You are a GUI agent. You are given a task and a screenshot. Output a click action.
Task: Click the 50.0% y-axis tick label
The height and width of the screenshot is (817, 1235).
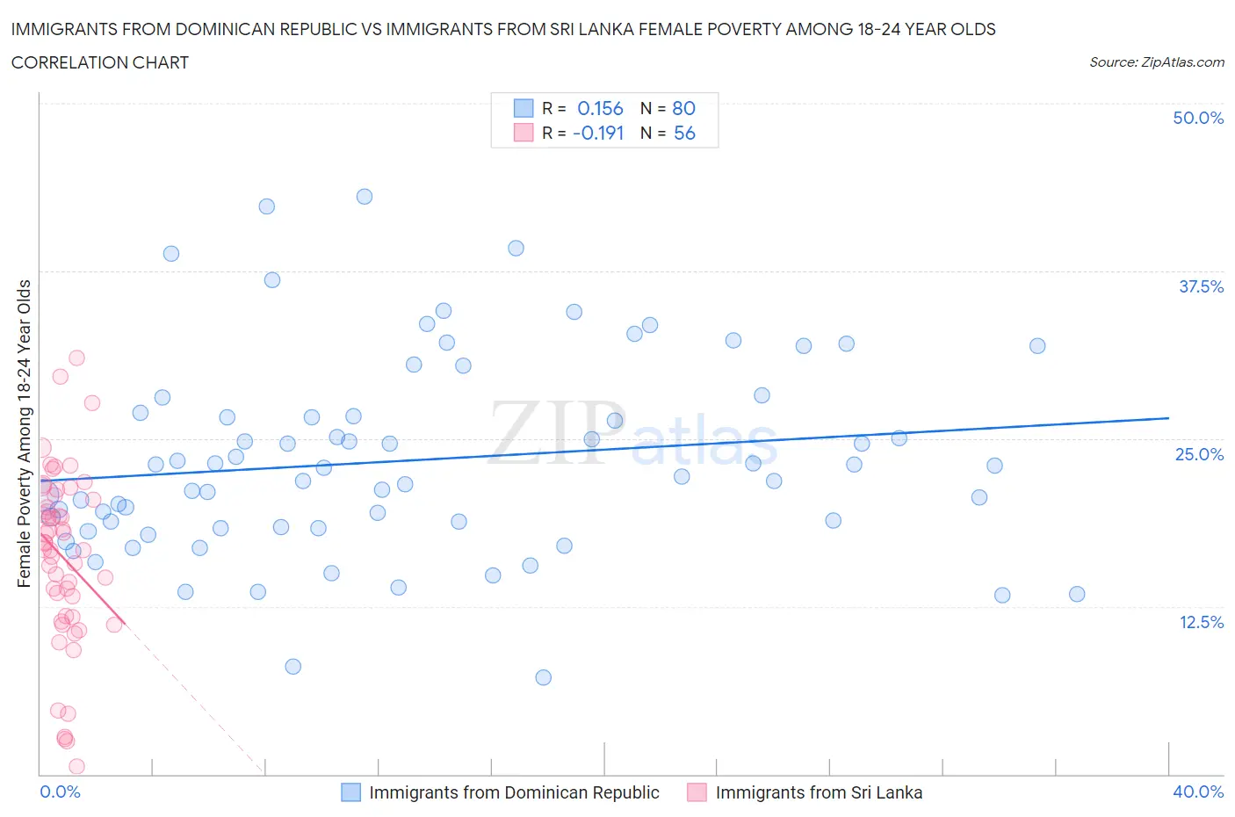1197,118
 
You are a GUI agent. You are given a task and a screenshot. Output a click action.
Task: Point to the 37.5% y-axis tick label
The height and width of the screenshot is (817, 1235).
1200,286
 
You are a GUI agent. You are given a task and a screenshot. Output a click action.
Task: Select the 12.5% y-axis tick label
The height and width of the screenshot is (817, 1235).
1200,622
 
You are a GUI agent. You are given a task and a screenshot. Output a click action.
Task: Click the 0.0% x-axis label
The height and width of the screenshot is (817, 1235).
60,792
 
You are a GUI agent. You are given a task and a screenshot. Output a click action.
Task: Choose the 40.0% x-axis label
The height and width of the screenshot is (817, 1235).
1197,792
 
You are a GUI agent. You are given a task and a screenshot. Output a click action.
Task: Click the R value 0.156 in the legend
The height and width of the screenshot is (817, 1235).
600,108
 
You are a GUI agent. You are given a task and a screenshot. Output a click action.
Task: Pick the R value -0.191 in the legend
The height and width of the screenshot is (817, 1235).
598,133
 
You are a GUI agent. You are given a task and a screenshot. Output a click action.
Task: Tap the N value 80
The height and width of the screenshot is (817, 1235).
683,108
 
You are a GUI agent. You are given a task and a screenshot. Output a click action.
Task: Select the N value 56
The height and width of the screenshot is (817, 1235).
684,133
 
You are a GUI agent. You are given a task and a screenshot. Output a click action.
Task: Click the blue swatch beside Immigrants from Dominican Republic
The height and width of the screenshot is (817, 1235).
350,792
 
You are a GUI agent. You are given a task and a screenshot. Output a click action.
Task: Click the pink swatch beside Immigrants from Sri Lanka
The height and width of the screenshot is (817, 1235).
697,792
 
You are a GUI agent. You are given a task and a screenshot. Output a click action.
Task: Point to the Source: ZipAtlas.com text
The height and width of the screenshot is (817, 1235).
1156,62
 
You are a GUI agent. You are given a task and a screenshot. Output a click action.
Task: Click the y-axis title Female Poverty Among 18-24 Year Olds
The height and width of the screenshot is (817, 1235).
24,433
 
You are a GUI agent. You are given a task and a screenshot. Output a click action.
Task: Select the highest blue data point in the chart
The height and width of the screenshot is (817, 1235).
365,197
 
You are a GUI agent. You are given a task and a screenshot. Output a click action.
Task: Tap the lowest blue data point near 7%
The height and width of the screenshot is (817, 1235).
543,677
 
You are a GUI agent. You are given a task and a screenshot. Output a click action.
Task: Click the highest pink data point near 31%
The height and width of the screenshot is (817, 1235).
76,358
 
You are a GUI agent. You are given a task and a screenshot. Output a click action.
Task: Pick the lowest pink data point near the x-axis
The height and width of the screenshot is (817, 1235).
76,767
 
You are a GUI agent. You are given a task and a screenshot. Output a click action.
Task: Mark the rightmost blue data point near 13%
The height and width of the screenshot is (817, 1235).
1077,594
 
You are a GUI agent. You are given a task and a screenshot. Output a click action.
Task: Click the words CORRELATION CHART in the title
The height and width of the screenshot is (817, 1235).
100,62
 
